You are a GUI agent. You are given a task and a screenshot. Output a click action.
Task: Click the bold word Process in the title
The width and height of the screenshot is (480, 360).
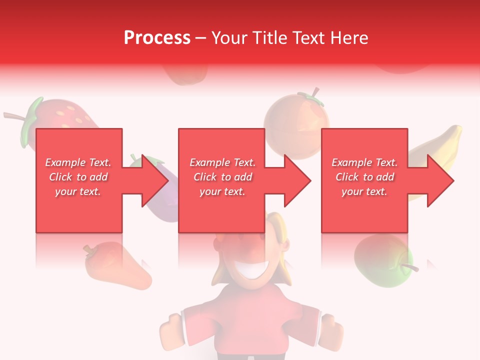[157, 38]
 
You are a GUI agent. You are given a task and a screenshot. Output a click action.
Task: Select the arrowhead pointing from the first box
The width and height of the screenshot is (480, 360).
[152, 180]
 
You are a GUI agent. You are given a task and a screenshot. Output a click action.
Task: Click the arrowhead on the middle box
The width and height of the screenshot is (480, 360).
[295, 180]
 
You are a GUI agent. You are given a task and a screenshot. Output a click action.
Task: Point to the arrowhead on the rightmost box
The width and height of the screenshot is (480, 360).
[438, 180]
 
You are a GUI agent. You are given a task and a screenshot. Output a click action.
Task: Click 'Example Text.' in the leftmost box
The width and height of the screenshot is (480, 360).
[78, 162]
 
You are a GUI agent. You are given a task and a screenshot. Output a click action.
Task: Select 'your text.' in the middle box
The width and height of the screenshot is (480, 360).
[222, 191]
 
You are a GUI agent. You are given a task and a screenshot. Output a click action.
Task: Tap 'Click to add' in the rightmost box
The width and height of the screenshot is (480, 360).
[365, 177]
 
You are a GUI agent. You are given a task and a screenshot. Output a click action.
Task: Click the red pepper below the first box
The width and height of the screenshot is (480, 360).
[115, 267]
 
